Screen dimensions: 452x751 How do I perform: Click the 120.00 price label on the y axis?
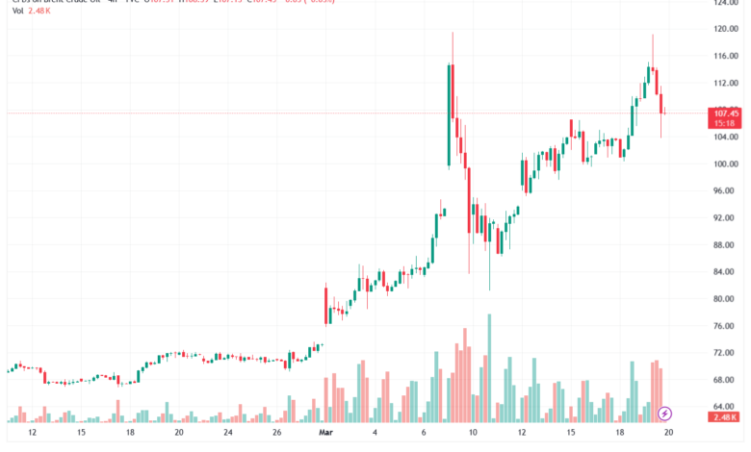coord(725,29)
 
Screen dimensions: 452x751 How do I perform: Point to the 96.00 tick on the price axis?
coord(725,190)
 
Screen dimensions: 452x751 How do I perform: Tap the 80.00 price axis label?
coord(725,299)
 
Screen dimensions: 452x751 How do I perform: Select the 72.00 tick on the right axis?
coord(725,353)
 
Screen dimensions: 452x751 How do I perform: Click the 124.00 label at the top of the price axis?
coord(725,3)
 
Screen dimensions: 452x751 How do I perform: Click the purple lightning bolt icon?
coord(665,414)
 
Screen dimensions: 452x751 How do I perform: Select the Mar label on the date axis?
coord(325,433)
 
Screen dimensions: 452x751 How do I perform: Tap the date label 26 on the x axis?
coord(276,433)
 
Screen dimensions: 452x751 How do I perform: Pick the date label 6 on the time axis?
coord(425,433)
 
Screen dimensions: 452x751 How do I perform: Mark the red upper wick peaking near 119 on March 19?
coord(653,48)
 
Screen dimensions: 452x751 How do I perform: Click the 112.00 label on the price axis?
coord(725,83)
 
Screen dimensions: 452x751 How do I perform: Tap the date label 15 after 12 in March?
coord(571,433)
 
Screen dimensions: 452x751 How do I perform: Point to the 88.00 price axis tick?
coord(725,245)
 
